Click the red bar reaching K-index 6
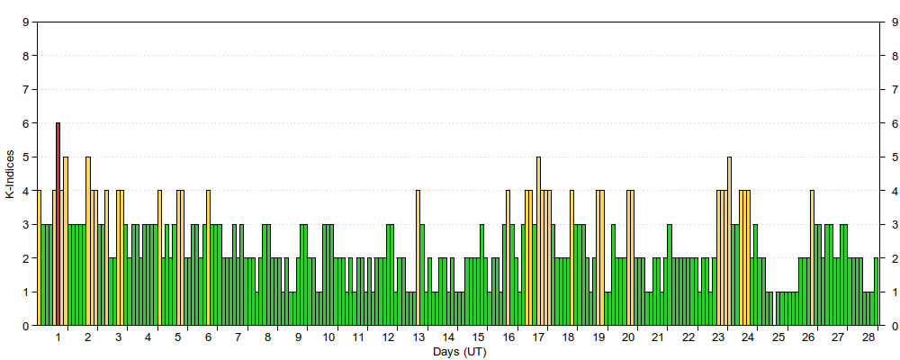(58, 224)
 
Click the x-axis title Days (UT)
(459, 351)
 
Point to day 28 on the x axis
(868, 337)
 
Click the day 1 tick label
(58, 337)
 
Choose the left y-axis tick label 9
(26, 22)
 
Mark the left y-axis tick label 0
(26, 326)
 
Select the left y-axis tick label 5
(26, 157)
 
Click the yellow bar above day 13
(418, 258)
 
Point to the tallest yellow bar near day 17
(538, 241)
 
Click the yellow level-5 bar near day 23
(730, 241)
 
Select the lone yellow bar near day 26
(812, 258)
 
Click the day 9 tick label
(298, 337)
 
